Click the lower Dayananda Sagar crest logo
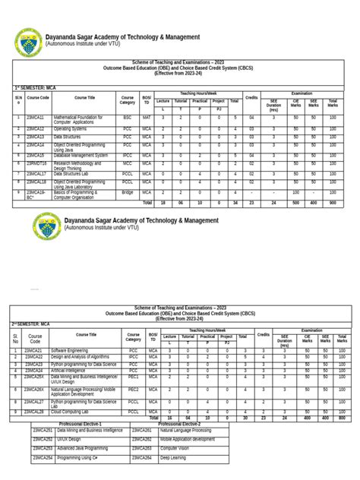[x=47, y=226]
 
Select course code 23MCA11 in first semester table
[x=36, y=118]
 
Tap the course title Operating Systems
[x=72, y=130]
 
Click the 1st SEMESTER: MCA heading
[x=36, y=87]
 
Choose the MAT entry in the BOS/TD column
[x=146, y=118]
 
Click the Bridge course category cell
[x=127, y=194]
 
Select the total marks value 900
[x=332, y=204]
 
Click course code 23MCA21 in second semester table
[x=35, y=350]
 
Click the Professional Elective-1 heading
[x=81, y=423]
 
